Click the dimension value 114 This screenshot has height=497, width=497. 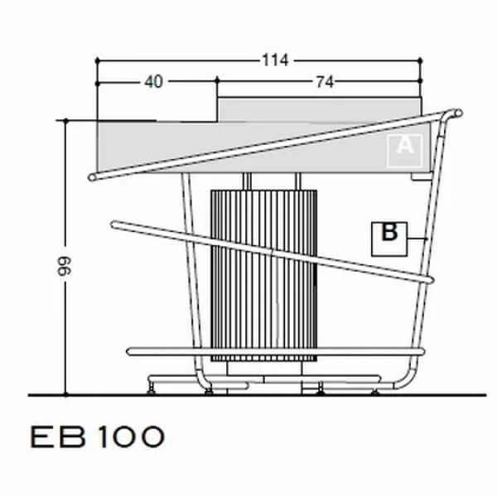click(x=275, y=60)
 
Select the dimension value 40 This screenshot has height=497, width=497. click(x=154, y=82)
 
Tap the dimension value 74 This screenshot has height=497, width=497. click(x=325, y=82)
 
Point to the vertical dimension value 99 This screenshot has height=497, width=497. click(x=65, y=266)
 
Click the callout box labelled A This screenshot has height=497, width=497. click(x=405, y=151)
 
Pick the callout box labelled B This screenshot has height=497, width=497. click(x=389, y=239)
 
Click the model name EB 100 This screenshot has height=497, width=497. click(x=97, y=437)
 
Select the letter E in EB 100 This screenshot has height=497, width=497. click(x=42, y=437)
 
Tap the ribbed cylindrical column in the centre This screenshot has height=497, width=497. click(x=263, y=276)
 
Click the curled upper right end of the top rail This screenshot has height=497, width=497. click(x=457, y=113)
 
